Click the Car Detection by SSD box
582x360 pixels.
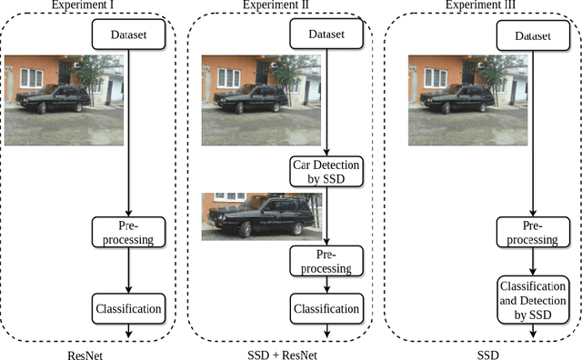pos(326,172)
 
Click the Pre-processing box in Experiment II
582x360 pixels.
pos(326,262)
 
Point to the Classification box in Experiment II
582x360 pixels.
pos(326,308)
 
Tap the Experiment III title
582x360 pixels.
pos(480,6)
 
